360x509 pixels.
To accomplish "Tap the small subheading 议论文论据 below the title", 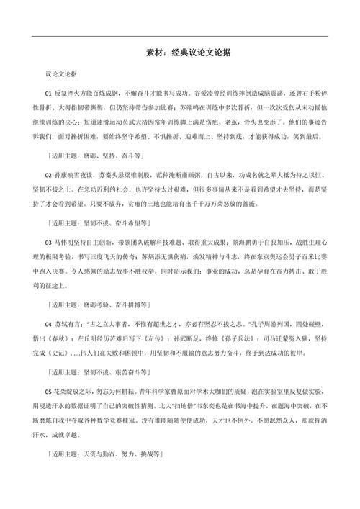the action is [61, 73].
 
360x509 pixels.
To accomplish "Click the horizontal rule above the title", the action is [180, 36].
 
